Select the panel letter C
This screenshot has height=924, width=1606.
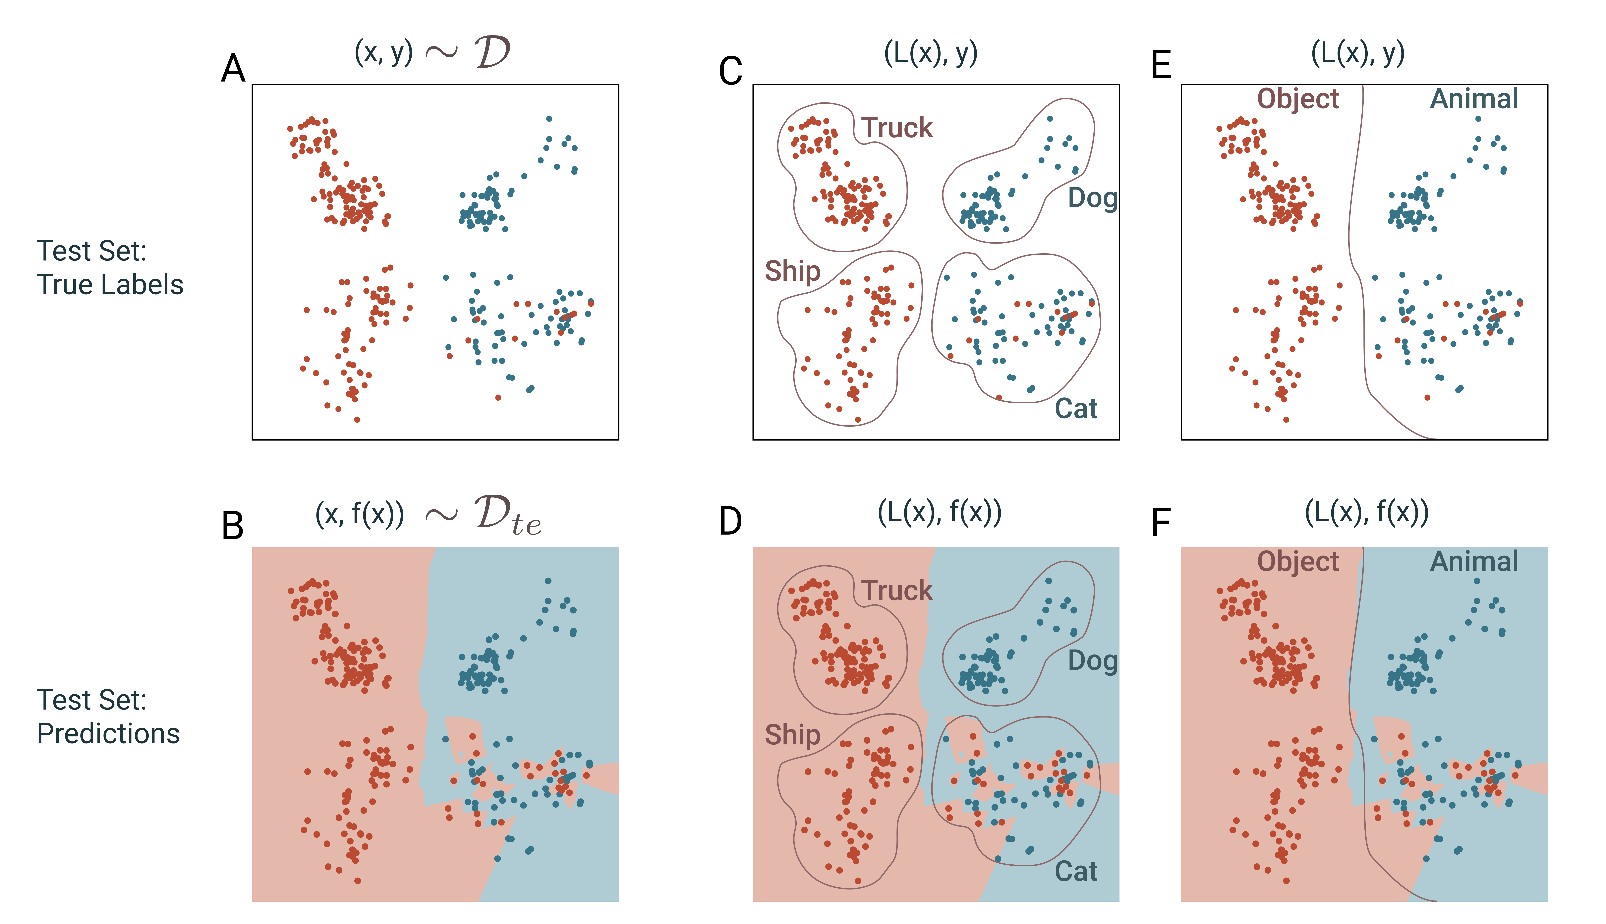(730, 71)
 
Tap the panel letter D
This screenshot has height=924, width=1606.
(730, 522)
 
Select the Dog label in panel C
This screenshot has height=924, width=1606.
(1092, 198)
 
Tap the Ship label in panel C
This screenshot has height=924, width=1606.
(792, 271)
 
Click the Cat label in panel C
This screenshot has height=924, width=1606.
(1076, 409)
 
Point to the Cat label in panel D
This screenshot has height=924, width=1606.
(1076, 871)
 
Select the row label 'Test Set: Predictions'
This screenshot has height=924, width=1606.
(108, 717)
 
